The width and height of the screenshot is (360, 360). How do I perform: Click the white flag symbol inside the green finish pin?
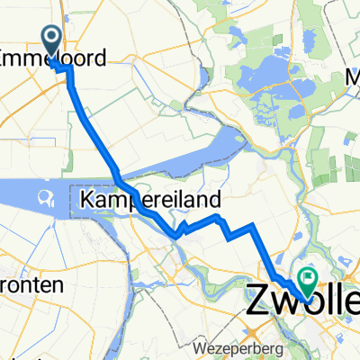pos(310,280)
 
